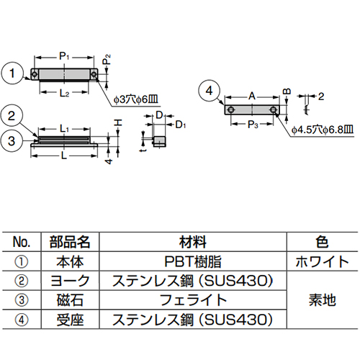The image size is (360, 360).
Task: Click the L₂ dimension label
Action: (x=63, y=93)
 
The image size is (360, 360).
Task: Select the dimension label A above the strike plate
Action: (x=251, y=95)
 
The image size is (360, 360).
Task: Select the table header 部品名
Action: (x=70, y=241)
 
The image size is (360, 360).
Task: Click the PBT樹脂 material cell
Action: (x=194, y=261)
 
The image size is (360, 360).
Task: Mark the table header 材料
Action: (x=194, y=241)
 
